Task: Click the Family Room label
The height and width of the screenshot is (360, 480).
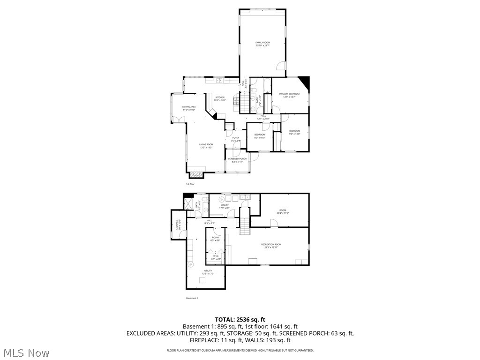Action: [262, 43]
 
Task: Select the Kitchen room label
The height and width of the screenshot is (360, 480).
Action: [220, 97]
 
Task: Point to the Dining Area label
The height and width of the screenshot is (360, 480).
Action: [189, 107]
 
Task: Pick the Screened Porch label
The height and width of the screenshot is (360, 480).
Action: [237, 159]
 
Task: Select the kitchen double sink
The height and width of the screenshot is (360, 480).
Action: [219, 81]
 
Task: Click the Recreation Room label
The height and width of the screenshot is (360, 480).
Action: [271, 244]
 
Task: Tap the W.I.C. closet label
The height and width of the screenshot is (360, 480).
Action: [216, 256]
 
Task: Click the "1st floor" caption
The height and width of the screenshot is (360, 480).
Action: [190, 184]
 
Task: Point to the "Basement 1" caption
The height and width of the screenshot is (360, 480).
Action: [192, 298]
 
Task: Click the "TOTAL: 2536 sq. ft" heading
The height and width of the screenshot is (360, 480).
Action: [240, 320]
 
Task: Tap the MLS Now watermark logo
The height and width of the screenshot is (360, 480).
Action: [26, 352]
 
